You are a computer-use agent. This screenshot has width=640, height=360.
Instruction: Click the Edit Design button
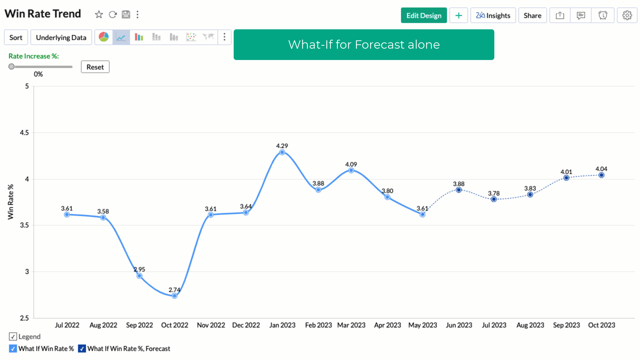tap(424, 16)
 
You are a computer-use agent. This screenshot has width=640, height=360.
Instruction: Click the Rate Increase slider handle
tap(12, 67)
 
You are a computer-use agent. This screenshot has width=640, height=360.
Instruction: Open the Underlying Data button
tap(61, 38)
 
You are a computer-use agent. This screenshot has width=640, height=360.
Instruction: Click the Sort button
tap(16, 38)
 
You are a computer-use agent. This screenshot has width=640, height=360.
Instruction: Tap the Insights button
tap(493, 16)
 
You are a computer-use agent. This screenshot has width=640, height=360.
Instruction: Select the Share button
tap(532, 16)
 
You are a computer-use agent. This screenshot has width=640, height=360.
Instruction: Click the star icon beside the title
tap(99, 15)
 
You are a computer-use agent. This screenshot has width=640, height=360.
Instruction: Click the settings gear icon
tap(627, 16)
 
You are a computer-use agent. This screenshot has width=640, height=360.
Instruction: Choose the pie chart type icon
tap(104, 37)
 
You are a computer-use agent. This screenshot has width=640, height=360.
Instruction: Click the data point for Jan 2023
tap(282, 152)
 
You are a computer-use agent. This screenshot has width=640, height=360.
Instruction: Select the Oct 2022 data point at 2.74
tap(175, 296)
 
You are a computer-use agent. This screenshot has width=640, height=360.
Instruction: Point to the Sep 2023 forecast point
tap(566, 178)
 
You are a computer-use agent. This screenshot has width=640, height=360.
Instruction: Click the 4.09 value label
tap(351, 164)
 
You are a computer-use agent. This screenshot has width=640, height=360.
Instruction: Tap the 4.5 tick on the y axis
tap(24, 133)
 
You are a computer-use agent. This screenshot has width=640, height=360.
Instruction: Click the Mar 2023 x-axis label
tap(351, 325)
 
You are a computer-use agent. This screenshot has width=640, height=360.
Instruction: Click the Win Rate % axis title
tap(11, 202)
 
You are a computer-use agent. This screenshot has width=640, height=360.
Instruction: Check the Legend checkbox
tap(13, 337)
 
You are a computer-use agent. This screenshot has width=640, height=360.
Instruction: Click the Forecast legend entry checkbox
tap(82, 349)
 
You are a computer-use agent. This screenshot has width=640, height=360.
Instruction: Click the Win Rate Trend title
tap(43, 14)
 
